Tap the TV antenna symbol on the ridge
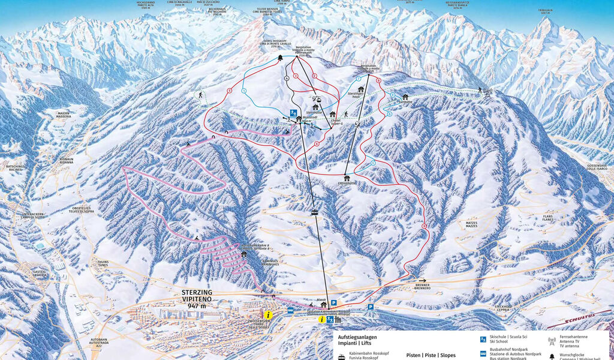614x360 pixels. click(x=487, y=93)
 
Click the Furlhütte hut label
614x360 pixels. click(x=405, y=102)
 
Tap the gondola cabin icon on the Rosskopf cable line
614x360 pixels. click(x=314, y=212)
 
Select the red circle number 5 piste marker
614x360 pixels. click(x=230, y=91)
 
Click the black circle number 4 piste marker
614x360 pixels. click(x=287, y=79)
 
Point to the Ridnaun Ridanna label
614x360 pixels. click(x=67, y=161)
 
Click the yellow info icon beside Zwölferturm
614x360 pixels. click(x=268, y=314)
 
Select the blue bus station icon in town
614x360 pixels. click(x=291, y=310)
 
